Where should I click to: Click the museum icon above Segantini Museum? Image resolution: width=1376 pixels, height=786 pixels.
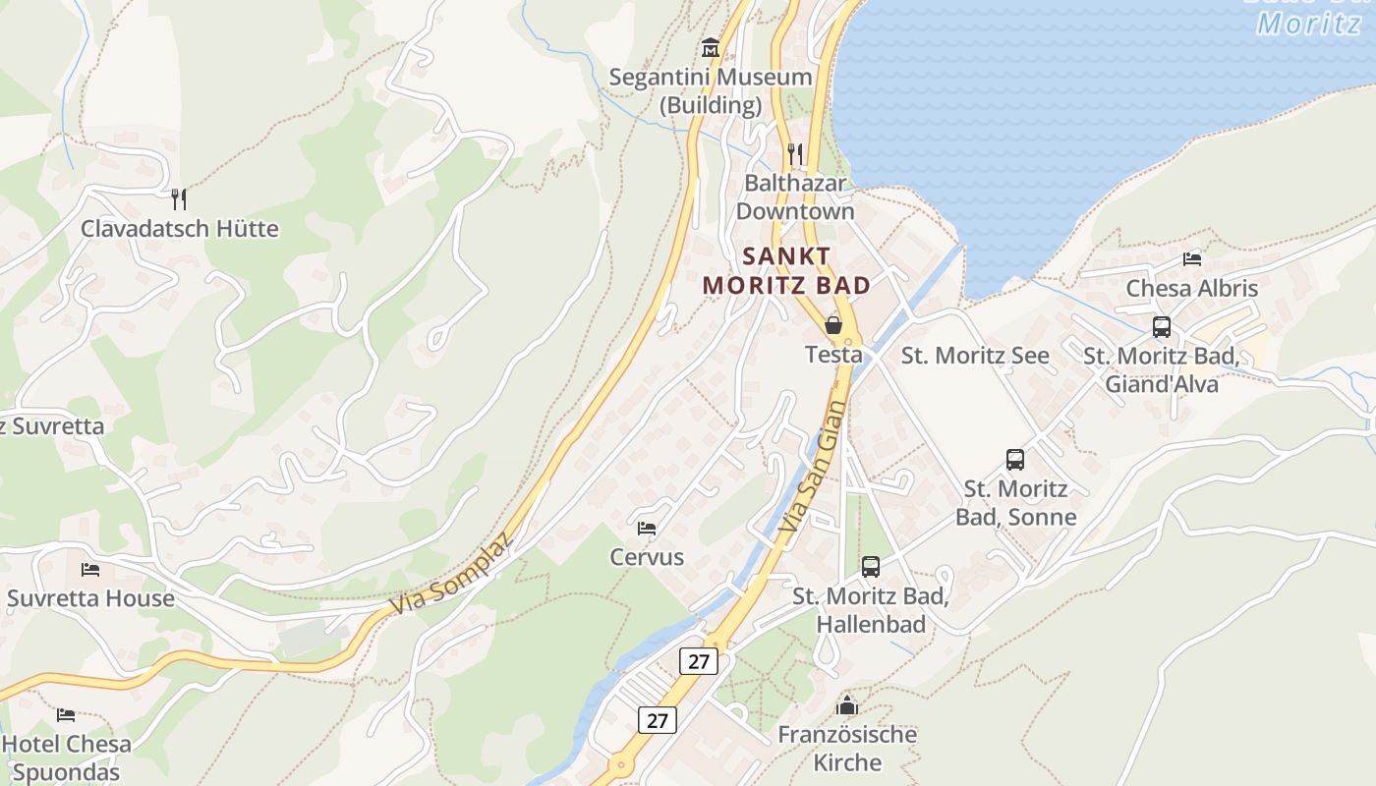click(711, 47)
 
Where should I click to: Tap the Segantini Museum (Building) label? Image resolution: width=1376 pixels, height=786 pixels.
click(711, 90)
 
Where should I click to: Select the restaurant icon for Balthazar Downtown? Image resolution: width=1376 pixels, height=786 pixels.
click(795, 154)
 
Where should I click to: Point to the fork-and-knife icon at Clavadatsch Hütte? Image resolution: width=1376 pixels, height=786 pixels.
click(179, 199)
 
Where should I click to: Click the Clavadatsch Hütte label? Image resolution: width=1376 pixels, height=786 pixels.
click(180, 229)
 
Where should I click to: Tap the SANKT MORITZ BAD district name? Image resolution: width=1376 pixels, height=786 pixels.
click(786, 270)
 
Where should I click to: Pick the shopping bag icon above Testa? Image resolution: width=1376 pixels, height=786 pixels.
click(833, 324)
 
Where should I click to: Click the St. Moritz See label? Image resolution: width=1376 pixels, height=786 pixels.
click(975, 356)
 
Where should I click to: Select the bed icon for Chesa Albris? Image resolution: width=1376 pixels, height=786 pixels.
click(1192, 259)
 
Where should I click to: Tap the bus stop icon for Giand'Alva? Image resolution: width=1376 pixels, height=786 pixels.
click(1162, 327)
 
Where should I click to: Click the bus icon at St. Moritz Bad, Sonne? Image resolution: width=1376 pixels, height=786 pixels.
click(1015, 459)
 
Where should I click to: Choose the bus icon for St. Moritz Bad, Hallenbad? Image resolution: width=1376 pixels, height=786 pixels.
click(871, 566)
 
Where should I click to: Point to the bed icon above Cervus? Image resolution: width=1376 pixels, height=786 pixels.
click(647, 529)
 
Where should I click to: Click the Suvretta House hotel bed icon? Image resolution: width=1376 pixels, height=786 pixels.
click(90, 569)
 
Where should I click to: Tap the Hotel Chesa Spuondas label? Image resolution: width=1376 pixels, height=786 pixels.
click(67, 758)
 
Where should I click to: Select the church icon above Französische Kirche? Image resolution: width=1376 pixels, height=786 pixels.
click(847, 705)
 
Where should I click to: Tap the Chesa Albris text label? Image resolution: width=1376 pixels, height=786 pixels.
click(1192, 289)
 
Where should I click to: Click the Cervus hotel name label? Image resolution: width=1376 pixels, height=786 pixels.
click(647, 557)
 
